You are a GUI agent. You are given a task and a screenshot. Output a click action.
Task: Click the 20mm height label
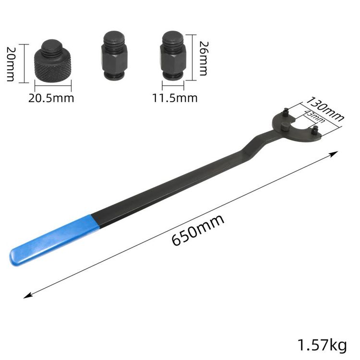(11, 64)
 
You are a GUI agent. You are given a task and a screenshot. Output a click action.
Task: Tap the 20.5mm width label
(51, 98)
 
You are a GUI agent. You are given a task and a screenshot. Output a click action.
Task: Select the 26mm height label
(203, 58)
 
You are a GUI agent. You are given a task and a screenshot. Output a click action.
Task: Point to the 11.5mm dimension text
(175, 98)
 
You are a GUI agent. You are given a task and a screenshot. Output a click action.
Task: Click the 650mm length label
(198, 230)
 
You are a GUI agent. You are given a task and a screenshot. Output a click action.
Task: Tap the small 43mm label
(314, 117)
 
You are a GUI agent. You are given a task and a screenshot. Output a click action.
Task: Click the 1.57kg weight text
(322, 345)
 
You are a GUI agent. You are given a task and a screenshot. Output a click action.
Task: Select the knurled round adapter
(53, 61)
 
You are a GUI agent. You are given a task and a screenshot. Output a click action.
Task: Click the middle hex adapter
(114, 55)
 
